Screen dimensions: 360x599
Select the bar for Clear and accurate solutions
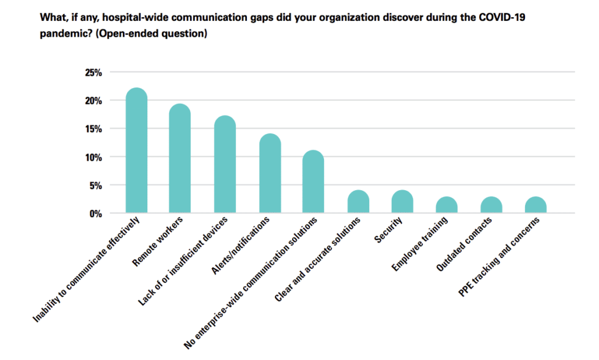358,202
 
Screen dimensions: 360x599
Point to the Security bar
402,202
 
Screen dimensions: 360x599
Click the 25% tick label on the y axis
92,73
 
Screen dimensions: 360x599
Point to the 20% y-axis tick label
92,101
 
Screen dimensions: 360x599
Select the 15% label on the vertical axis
92,129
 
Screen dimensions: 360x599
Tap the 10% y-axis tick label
92,157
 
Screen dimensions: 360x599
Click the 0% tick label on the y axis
95,213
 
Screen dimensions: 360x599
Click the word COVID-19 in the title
502,17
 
